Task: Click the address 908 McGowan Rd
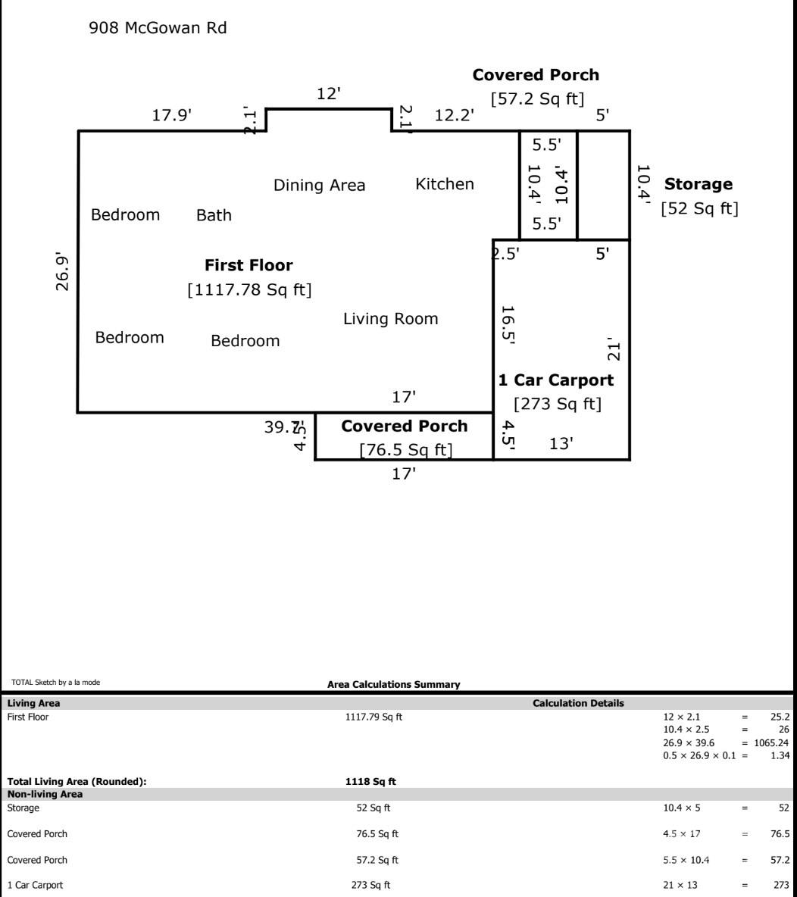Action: [x=158, y=29]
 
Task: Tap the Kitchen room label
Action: [x=445, y=184]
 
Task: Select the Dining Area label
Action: [x=319, y=186]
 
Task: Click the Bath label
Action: [x=214, y=216]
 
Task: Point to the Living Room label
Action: [x=390, y=319]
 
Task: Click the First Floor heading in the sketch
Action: [x=248, y=266]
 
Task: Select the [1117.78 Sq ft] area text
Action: [x=249, y=289]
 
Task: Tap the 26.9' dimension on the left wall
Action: [x=63, y=272]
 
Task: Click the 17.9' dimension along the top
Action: [x=172, y=115]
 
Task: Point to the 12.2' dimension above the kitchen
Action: [x=455, y=115]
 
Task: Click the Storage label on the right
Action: [x=698, y=184]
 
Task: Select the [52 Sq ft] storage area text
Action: [x=699, y=208]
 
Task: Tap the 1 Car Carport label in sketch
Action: [x=555, y=380]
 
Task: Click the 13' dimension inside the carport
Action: [x=560, y=444]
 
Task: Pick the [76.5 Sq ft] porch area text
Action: [x=405, y=450]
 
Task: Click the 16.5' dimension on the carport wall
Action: [x=508, y=325]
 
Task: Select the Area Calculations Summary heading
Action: [x=393, y=684]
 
